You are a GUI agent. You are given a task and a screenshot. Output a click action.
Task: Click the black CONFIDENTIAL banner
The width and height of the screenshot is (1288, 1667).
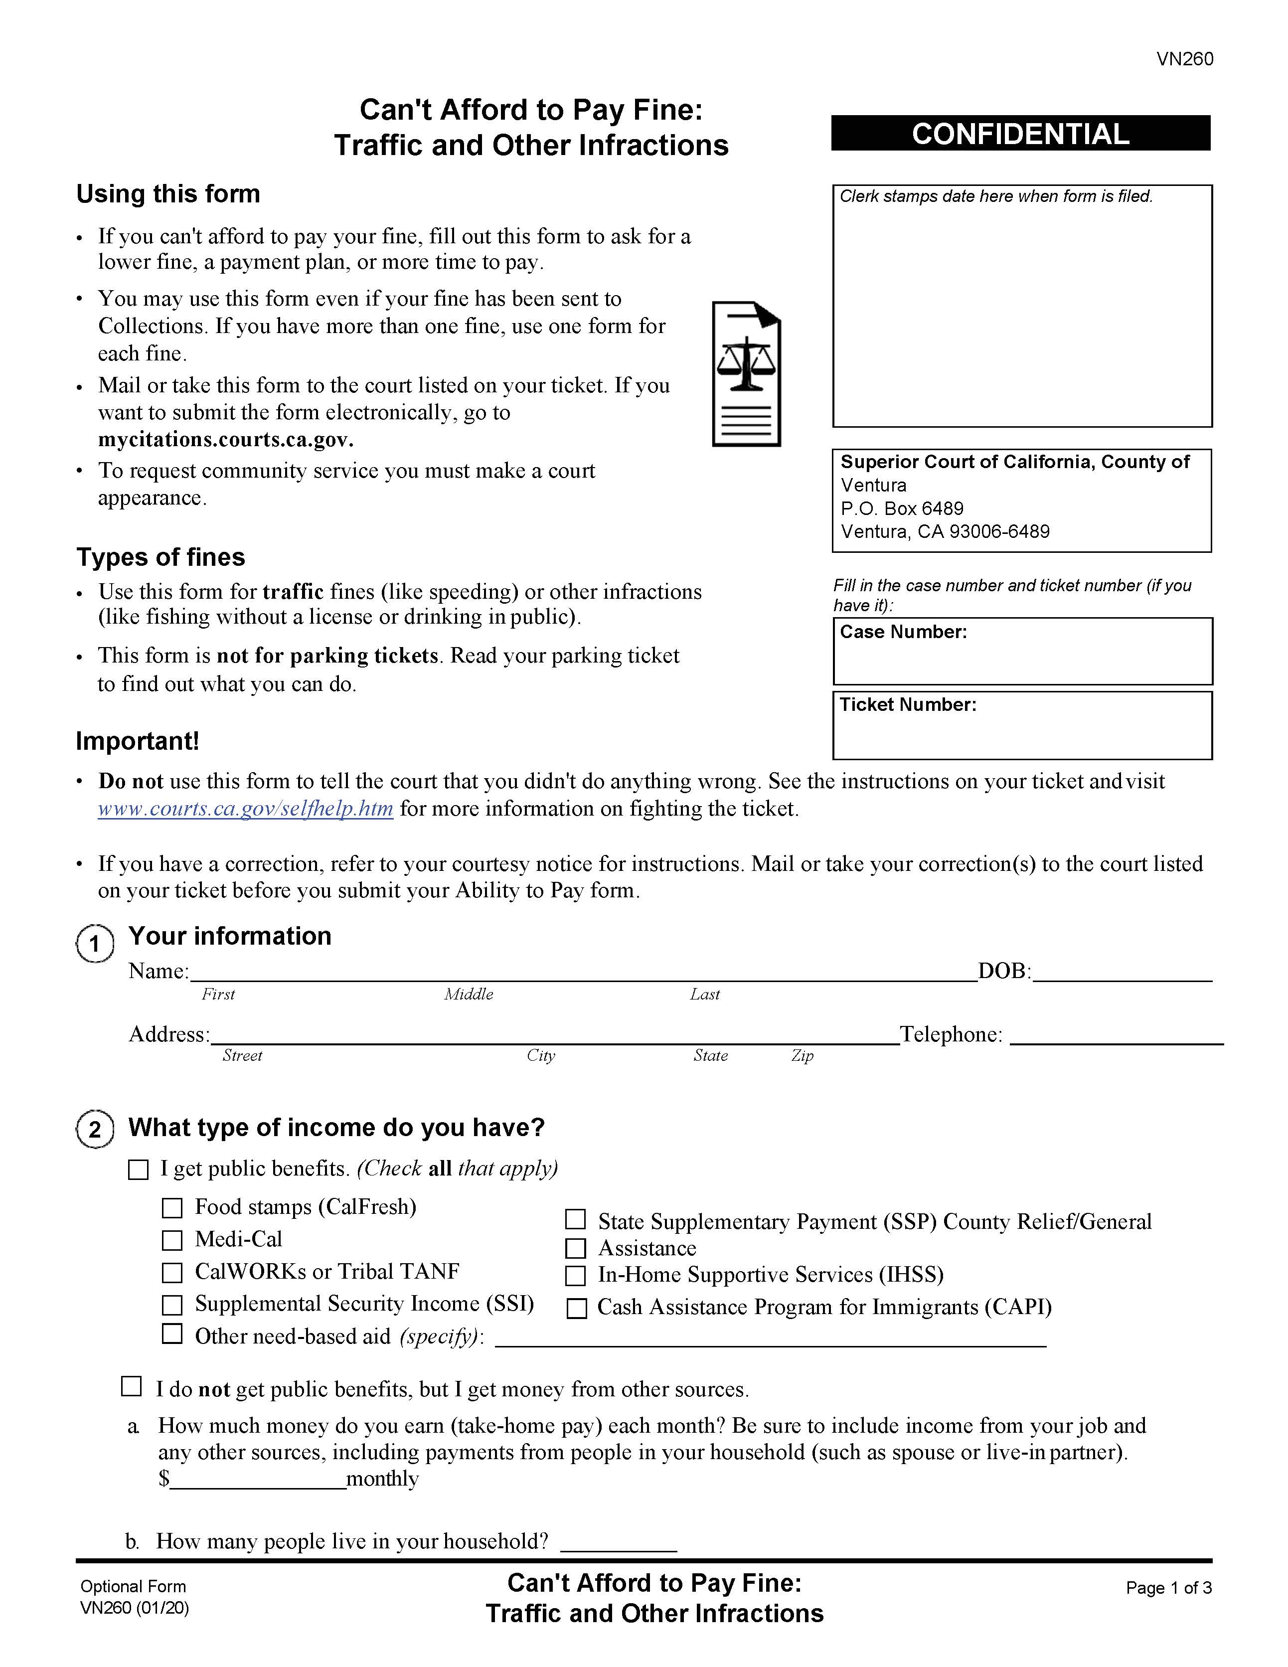click(x=1020, y=134)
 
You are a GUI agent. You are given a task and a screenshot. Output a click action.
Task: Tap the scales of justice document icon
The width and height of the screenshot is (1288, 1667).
click(x=746, y=374)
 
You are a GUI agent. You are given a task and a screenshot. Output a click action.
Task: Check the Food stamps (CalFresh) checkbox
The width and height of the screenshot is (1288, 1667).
click(x=172, y=1207)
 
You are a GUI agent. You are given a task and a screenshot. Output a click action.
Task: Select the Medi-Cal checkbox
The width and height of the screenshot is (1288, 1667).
click(x=172, y=1240)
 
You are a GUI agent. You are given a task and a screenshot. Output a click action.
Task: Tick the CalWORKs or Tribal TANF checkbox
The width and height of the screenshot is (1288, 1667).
click(x=172, y=1272)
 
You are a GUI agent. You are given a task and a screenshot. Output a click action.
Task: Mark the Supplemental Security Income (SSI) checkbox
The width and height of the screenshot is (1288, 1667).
click(x=172, y=1305)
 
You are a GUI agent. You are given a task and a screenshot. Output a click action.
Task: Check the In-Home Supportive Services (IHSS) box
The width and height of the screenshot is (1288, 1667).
click(x=575, y=1276)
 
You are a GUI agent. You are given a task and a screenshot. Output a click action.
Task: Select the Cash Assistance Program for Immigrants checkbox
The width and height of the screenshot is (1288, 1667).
click(x=577, y=1308)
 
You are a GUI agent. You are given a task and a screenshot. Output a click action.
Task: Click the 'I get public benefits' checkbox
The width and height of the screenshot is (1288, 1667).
click(x=138, y=1169)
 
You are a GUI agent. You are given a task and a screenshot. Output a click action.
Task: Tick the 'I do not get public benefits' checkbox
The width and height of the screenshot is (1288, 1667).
click(x=132, y=1386)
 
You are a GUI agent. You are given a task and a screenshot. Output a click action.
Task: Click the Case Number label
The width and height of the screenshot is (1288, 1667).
click(x=903, y=632)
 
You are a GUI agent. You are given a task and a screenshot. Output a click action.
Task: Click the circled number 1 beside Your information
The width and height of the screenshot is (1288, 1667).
click(x=95, y=944)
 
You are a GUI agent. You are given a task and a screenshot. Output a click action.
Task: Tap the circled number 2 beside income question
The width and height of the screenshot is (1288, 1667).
click(x=95, y=1129)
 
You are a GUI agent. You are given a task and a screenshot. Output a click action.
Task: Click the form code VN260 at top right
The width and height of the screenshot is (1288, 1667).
click(x=1184, y=59)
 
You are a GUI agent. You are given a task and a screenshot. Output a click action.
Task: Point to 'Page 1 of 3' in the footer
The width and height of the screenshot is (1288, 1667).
click(x=1168, y=1588)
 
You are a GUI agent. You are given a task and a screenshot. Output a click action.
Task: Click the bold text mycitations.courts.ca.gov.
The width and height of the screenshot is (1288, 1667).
click(x=226, y=440)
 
